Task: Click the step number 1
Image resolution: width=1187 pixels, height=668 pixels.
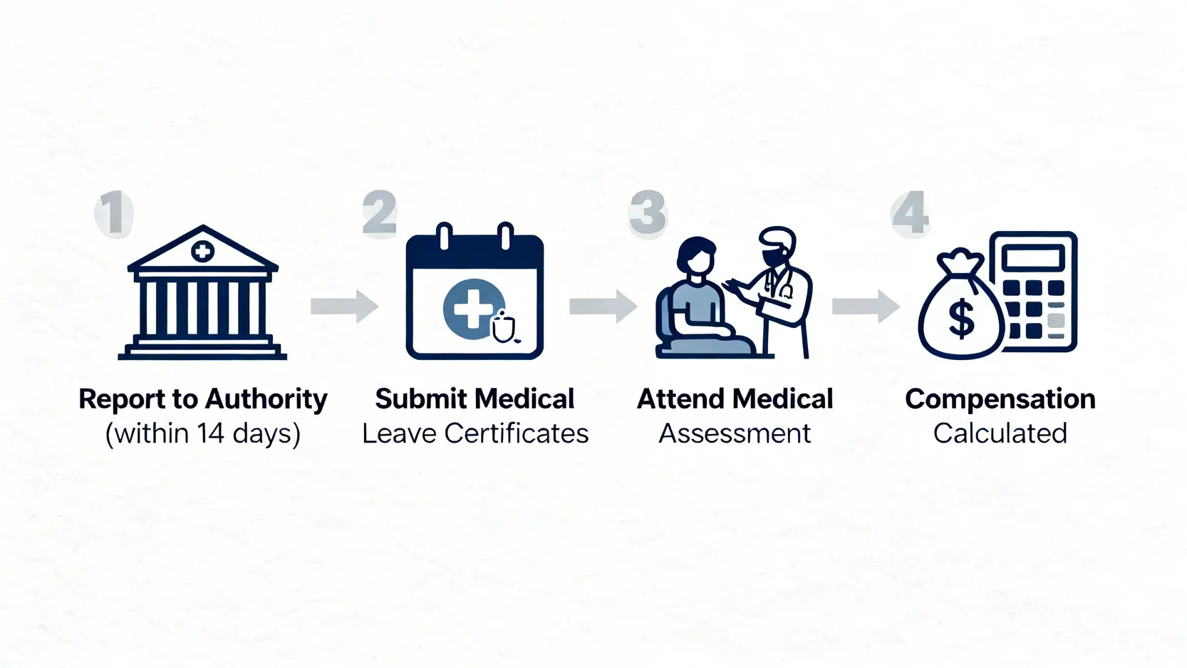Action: click(114, 212)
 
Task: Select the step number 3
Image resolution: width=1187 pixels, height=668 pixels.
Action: click(647, 212)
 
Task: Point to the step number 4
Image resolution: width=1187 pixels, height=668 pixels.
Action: click(911, 212)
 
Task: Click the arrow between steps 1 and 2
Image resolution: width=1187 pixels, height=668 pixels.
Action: click(345, 307)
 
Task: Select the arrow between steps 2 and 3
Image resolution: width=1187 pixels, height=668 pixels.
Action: click(603, 307)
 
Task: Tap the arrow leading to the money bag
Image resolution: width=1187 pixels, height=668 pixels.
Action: click(866, 307)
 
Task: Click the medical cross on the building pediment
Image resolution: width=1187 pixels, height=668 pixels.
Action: click(203, 251)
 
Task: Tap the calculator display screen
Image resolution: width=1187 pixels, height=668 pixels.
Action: click(1032, 257)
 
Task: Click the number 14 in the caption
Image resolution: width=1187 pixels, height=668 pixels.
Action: click(211, 433)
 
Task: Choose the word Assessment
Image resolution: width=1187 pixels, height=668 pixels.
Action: click(735, 433)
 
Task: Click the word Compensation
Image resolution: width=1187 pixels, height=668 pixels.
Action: click(1000, 399)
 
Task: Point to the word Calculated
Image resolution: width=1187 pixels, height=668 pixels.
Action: click(1000, 433)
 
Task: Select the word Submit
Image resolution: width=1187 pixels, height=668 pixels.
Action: click(420, 399)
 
